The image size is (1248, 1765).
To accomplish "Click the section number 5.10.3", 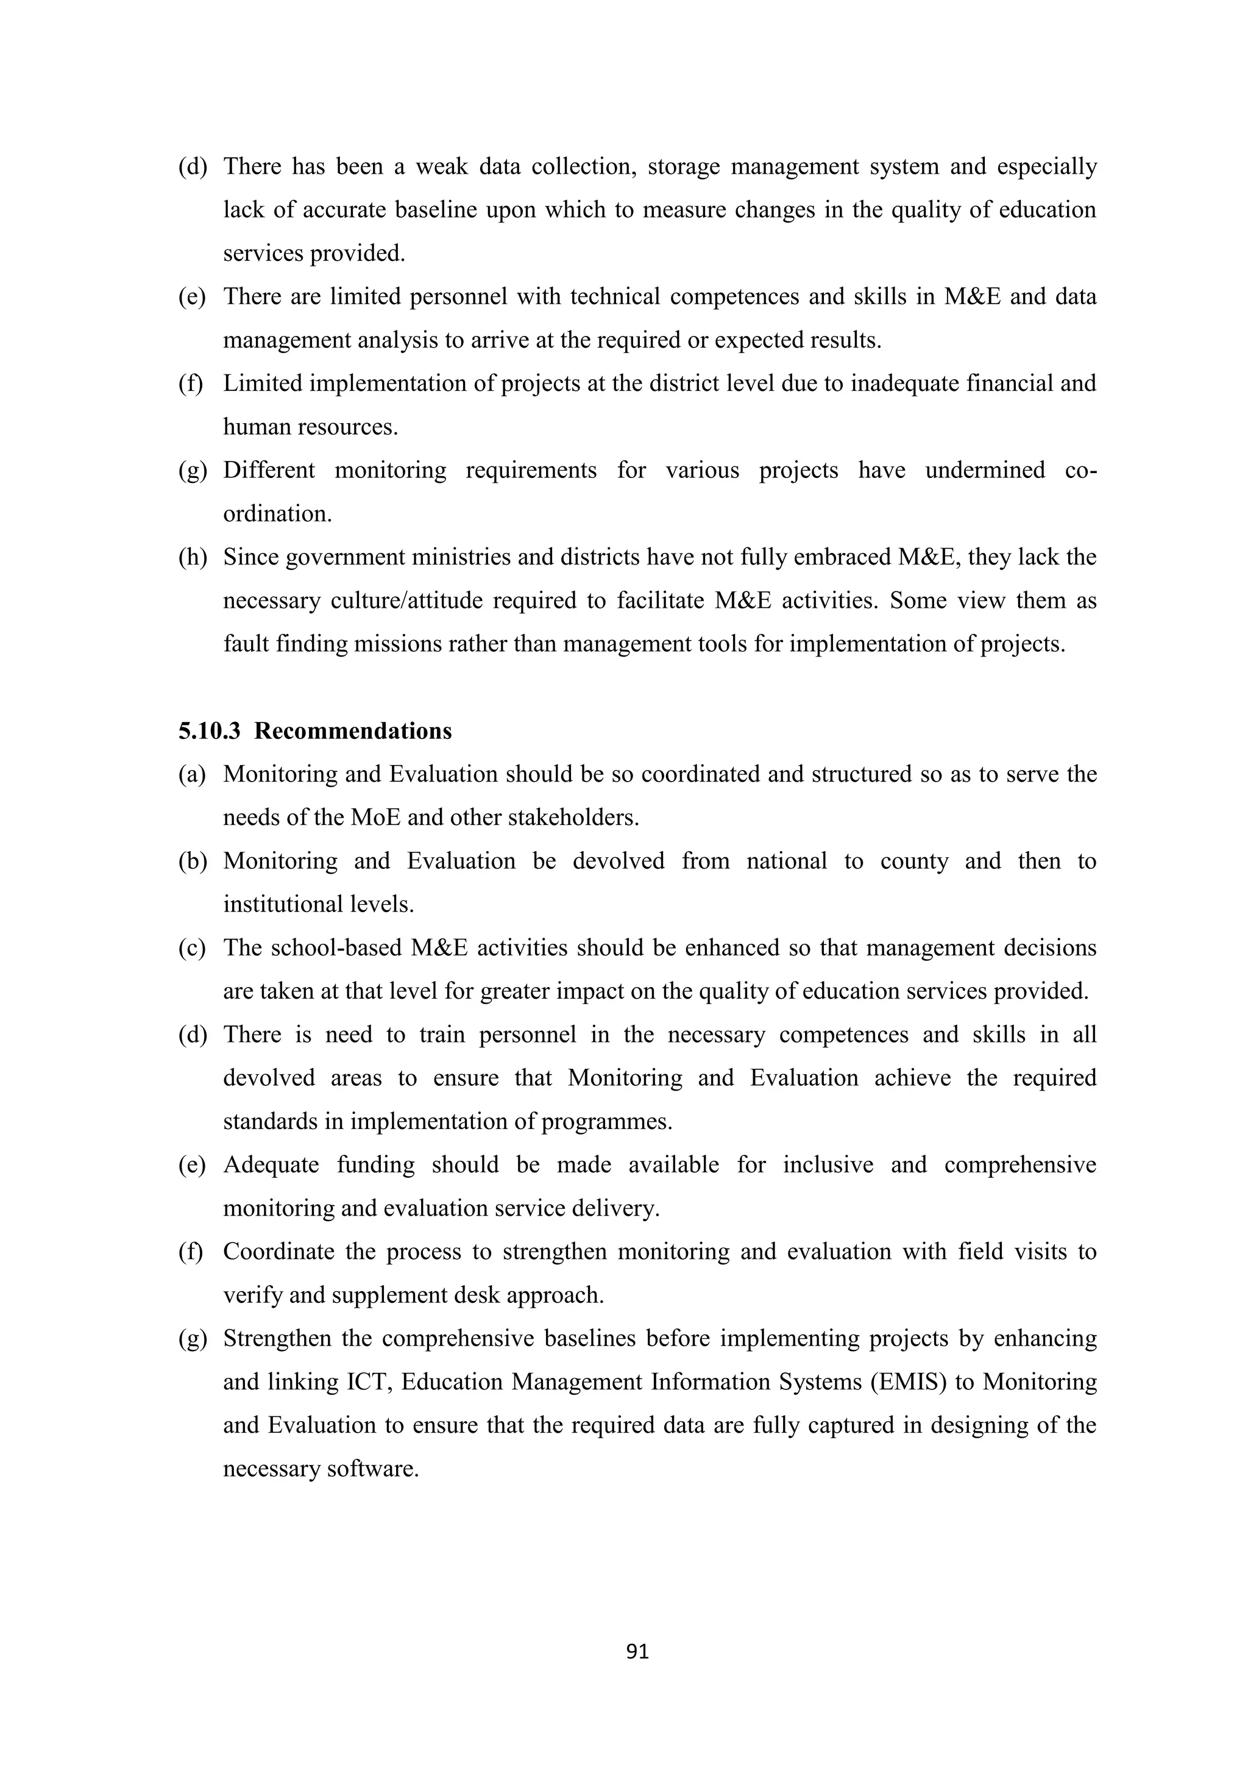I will click(x=209, y=730).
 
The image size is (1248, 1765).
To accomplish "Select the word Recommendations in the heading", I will click(x=353, y=730).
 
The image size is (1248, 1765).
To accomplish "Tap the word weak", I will click(x=441, y=166).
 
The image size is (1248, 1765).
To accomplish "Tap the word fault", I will click(x=246, y=643).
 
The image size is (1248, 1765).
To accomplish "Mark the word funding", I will click(x=375, y=1164).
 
